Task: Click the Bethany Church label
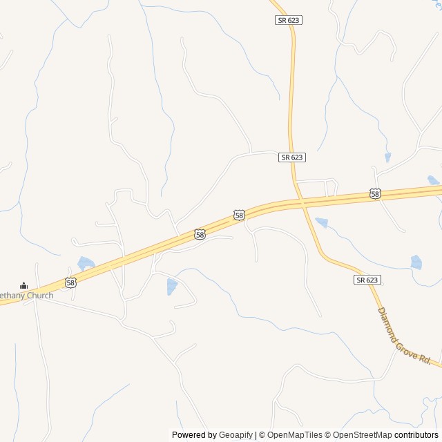pyautogui.click(x=26, y=296)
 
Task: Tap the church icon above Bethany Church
pyautogui.click(x=23, y=286)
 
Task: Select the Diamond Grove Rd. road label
pyautogui.click(x=404, y=336)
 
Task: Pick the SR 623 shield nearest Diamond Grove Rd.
pyautogui.click(x=367, y=280)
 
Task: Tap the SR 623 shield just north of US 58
pyautogui.click(x=292, y=157)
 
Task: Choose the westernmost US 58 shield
pyautogui.click(x=70, y=282)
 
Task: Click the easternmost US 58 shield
pyautogui.click(x=375, y=194)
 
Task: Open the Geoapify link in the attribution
pyautogui.click(x=236, y=435)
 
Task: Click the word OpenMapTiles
pyautogui.click(x=295, y=435)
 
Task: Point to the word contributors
pyautogui.click(x=416, y=435)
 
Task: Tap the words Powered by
pyautogui.click(x=194, y=435)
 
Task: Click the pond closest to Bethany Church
pyautogui.click(x=86, y=263)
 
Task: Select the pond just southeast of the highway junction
pyautogui.click(x=321, y=222)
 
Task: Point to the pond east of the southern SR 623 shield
pyautogui.click(x=416, y=262)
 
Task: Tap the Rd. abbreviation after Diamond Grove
pyautogui.click(x=425, y=360)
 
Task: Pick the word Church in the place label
pyautogui.click(x=39, y=296)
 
